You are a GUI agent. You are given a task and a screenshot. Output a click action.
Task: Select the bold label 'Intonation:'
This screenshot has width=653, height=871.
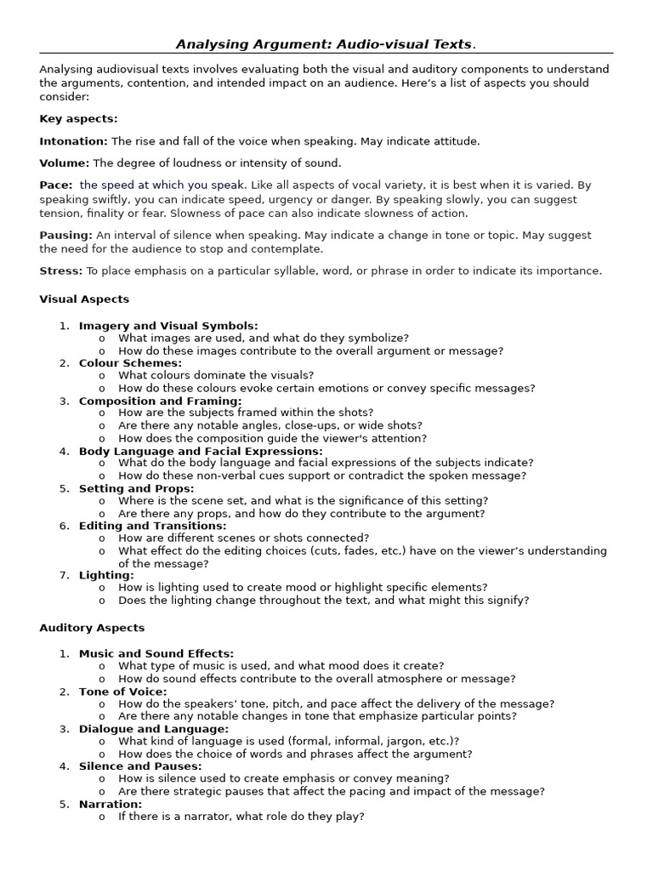tap(73, 141)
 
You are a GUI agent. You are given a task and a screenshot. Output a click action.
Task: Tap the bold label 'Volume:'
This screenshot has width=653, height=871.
tap(65, 163)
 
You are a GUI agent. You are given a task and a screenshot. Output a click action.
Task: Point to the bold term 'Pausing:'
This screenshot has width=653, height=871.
tap(65, 235)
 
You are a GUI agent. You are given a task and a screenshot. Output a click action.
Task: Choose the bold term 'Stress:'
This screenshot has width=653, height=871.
tap(61, 270)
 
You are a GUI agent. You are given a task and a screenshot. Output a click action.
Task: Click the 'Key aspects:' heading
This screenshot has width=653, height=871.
tap(78, 119)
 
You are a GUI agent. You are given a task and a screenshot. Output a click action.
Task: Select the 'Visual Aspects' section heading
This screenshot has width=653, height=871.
tap(84, 299)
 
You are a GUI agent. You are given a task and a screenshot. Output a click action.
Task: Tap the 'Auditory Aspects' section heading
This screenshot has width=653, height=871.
tap(92, 628)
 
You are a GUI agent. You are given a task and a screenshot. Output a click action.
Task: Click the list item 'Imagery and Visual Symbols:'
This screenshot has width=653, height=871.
tap(168, 326)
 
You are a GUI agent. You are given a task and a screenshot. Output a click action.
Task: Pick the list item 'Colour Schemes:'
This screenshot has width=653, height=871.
tap(130, 363)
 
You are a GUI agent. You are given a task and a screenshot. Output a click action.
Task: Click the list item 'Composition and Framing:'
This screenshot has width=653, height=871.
tap(160, 401)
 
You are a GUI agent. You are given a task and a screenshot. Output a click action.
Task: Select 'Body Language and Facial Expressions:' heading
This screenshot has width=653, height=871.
tap(201, 451)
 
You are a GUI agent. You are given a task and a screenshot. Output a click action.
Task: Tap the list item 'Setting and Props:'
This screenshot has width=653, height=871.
tap(136, 488)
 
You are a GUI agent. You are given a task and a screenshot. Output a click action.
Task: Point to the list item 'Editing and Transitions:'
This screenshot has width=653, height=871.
tap(152, 526)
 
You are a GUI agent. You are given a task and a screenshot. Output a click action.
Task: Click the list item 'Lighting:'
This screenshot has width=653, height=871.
tap(106, 576)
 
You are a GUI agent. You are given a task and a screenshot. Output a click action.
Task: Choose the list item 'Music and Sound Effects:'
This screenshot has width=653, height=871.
tap(156, 653)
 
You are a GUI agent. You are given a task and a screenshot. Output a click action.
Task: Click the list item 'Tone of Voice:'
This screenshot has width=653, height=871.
tap(122, 692)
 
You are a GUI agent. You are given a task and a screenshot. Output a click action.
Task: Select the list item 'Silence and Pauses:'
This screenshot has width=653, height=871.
tap(139, 766)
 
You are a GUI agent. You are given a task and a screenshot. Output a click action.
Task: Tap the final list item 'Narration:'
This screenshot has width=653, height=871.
tap(111, 804)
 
